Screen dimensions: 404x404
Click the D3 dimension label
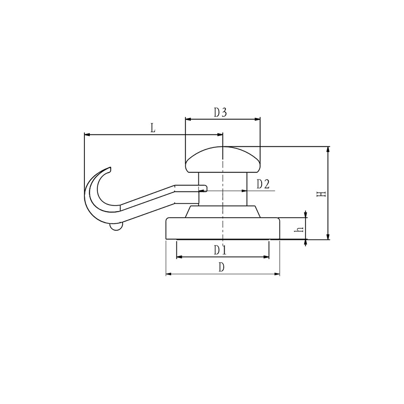[220, 112]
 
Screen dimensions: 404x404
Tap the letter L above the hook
[153, 128]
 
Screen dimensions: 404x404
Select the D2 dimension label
[263, 184]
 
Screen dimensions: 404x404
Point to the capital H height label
[321, 194]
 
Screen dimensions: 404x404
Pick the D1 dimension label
[220, 250]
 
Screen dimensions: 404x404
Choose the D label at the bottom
[221, 268]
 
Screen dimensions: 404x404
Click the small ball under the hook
[116, 226]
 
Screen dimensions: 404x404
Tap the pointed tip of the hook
[110, 168]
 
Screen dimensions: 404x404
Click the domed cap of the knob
[223, 160]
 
